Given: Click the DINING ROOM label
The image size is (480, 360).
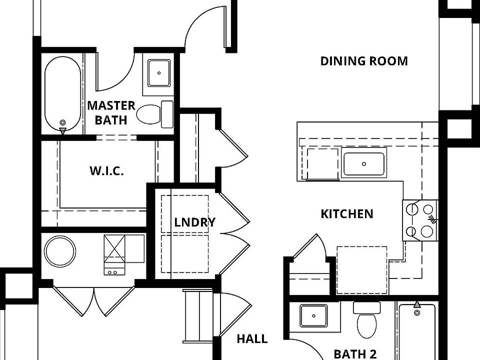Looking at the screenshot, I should coord(363,61).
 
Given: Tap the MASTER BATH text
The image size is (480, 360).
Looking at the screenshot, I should coord(111,112).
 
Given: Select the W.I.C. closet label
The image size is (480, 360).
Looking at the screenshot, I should coord(106,170).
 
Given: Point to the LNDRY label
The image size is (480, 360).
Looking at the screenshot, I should coord(194,222).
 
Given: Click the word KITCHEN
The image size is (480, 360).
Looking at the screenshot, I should coord(346,214).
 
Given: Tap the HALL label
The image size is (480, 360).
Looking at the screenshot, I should coord(251,338).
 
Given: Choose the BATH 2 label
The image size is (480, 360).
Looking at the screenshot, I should coord(355,354).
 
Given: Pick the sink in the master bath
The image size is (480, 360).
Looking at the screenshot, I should coord(159,73).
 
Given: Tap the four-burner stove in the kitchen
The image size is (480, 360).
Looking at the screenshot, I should coord(419,220).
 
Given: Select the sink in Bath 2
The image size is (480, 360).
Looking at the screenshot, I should coord(313,316).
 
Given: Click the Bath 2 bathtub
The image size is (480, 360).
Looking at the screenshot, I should coord(417,332).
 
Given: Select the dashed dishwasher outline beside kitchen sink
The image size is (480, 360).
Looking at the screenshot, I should coord(322,163).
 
